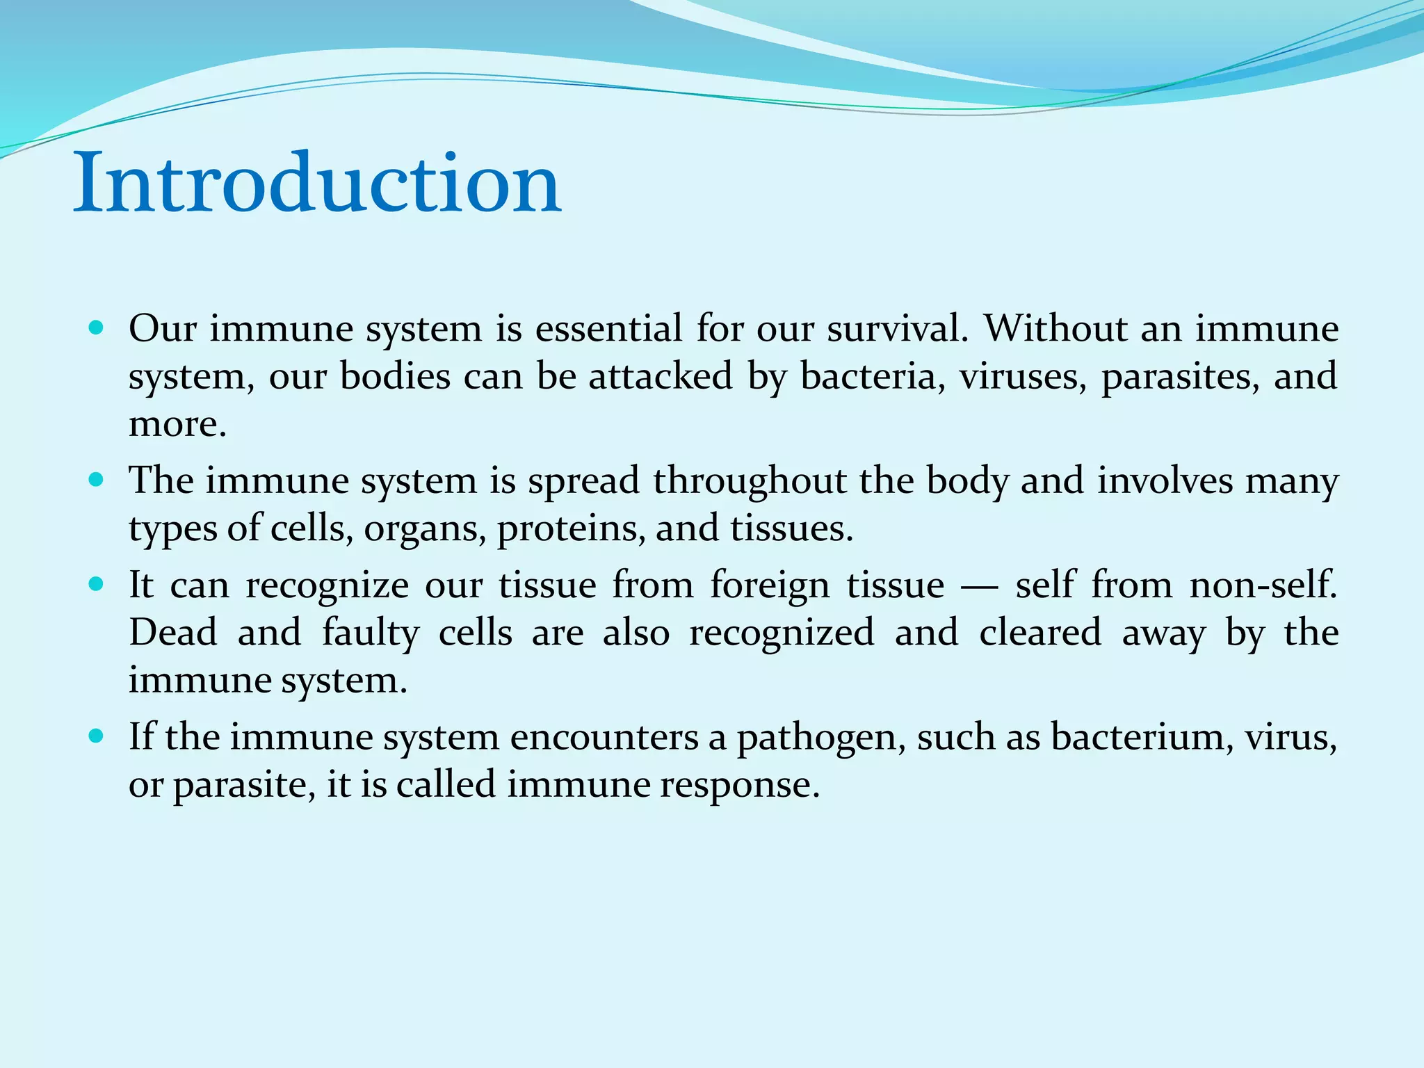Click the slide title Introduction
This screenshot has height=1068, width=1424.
tap(317, 184)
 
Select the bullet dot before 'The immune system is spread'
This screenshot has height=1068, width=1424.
tap(97, 479)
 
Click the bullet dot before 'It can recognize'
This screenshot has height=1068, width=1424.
tap(97, 583)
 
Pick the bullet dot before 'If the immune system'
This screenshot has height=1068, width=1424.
tap(97, 736)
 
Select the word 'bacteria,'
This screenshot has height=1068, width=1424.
tap(873, 377)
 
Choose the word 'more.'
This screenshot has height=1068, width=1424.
tap(178, 425)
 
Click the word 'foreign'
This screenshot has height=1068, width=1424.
tap(770, 585)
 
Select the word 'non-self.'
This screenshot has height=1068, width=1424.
tap(1263, 585)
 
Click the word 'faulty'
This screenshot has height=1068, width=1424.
tap(371, 633)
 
